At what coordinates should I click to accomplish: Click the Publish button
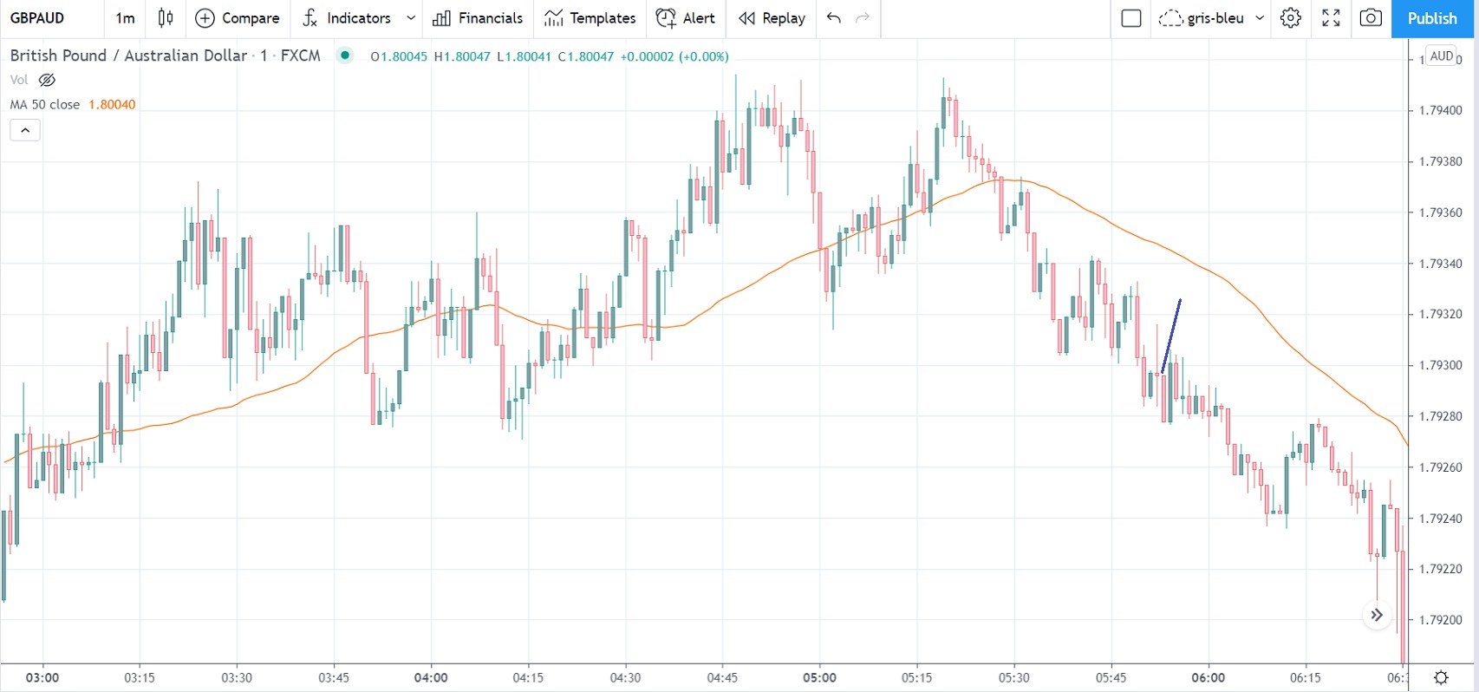[1431, 18]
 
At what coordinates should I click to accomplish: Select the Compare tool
[238, 18]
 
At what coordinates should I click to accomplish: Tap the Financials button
[478, 18]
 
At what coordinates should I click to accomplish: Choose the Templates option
[590, 18]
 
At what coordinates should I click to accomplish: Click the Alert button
[686, 18]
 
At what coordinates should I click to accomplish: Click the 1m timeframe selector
[126, 18]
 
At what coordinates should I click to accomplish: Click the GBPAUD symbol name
[37, 18]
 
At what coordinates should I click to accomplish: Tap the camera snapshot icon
[1371, 18]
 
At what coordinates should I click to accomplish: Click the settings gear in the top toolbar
[1291, 18]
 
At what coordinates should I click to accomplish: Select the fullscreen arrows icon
[1331, 18]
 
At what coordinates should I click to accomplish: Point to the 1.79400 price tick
[1440, 111]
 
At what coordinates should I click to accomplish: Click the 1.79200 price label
[1440, 621]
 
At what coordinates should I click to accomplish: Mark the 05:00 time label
[819, 677]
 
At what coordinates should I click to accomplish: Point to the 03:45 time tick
[334, 677]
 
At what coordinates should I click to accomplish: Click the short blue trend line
[1171, 336]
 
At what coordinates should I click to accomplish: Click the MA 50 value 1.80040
[112, 105]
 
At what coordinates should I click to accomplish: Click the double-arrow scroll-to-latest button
[1377, 616]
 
